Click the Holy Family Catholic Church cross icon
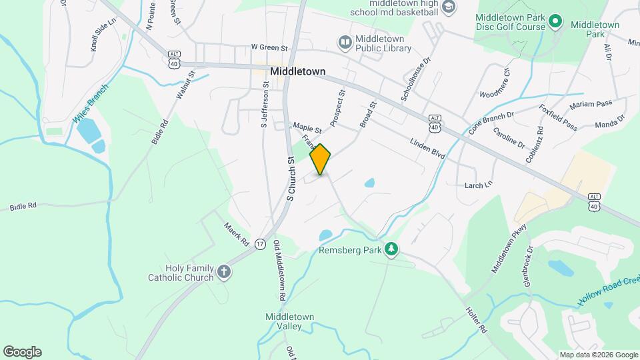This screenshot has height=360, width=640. click(x=224, y=272)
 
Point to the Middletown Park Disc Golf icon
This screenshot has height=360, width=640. click(x=557, y=23)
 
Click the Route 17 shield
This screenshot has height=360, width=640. click(x=260, y=244)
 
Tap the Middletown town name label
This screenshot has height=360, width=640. click(x=298, y=71)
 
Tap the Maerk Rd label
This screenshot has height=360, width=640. click(x=237, y=232)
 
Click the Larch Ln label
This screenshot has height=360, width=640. click(x=479, y=183)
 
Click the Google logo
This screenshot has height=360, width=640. click(x=22, y=352)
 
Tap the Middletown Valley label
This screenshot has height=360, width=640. click(x=283, y=321)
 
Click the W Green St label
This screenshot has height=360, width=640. click(x=269, y=48)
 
